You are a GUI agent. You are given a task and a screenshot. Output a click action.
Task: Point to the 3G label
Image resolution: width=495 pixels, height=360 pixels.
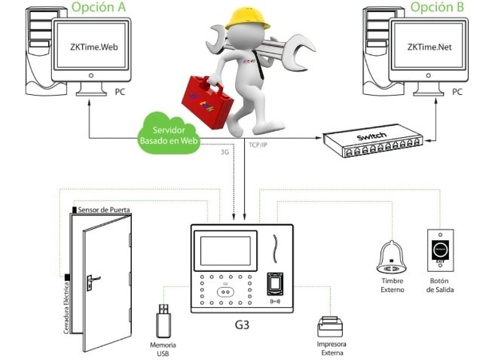[224, 151]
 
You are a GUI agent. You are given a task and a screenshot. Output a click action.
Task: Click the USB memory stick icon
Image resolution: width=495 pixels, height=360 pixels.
[163, 322]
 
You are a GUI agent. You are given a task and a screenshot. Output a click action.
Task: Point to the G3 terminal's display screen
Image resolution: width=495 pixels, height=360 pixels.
[222, 249]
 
